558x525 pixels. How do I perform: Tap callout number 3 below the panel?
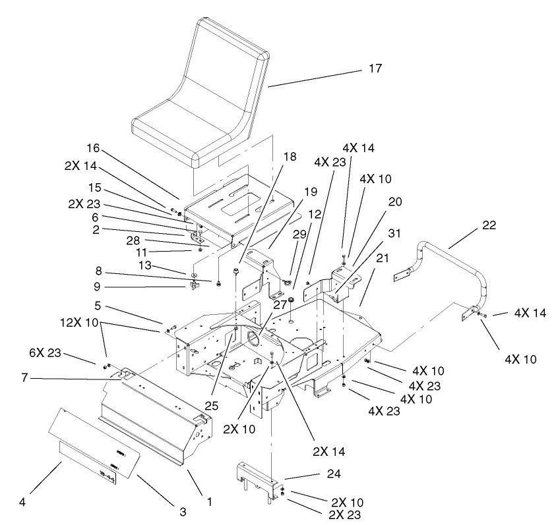pos(183,511)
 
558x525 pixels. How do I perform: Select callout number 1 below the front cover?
pos(210,502)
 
